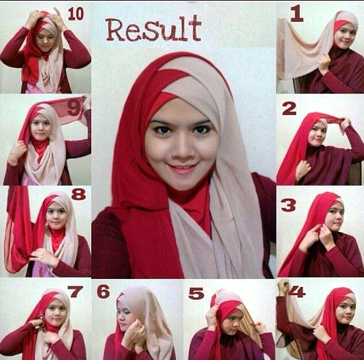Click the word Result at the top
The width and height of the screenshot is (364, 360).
pyautogui.click(x=154, y=28)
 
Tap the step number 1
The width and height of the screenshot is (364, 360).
pyautogui.click(x=296, y=14)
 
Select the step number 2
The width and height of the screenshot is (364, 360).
pyautogui.click(x=289, y=109)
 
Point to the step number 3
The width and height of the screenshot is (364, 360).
pyautogui.click(x=288, y=205)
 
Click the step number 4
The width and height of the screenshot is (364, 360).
pyautogui.click(x=297, y=291)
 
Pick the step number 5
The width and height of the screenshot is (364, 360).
pyautogui.click(x=196, y=293)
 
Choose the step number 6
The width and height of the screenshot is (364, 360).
pyautogui.click(x=103, y=291)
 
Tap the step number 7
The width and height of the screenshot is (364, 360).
pyautogui.click(x=76, y=291)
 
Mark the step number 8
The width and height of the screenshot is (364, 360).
pyautogui.click(x=79, y=195)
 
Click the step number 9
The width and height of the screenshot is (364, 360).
pyautogui.click(x=74, y=108)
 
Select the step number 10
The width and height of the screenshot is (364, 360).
pyautogui.click(x=76, y=14)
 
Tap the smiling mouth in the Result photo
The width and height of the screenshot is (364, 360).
pyautogui.click(x=183, y=168)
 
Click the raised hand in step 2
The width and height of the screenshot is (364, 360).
pyautogui.click(x=345, y=124)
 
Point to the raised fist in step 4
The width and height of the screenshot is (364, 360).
pyautogui.click(x=283, y=287)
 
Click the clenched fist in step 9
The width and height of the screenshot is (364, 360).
pyautogui.click(x=17, y=151)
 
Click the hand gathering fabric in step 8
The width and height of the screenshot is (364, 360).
pyautogui.click(x=42, y=257)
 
